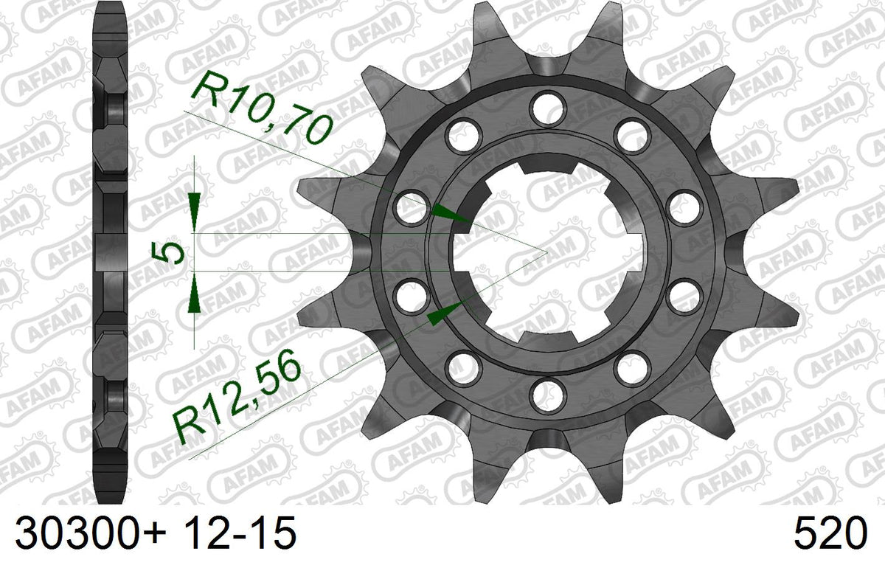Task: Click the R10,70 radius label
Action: [x=263, y=107]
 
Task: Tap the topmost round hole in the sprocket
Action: [x=547, y=108]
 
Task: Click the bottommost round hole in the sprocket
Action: [x=547, y=395]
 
